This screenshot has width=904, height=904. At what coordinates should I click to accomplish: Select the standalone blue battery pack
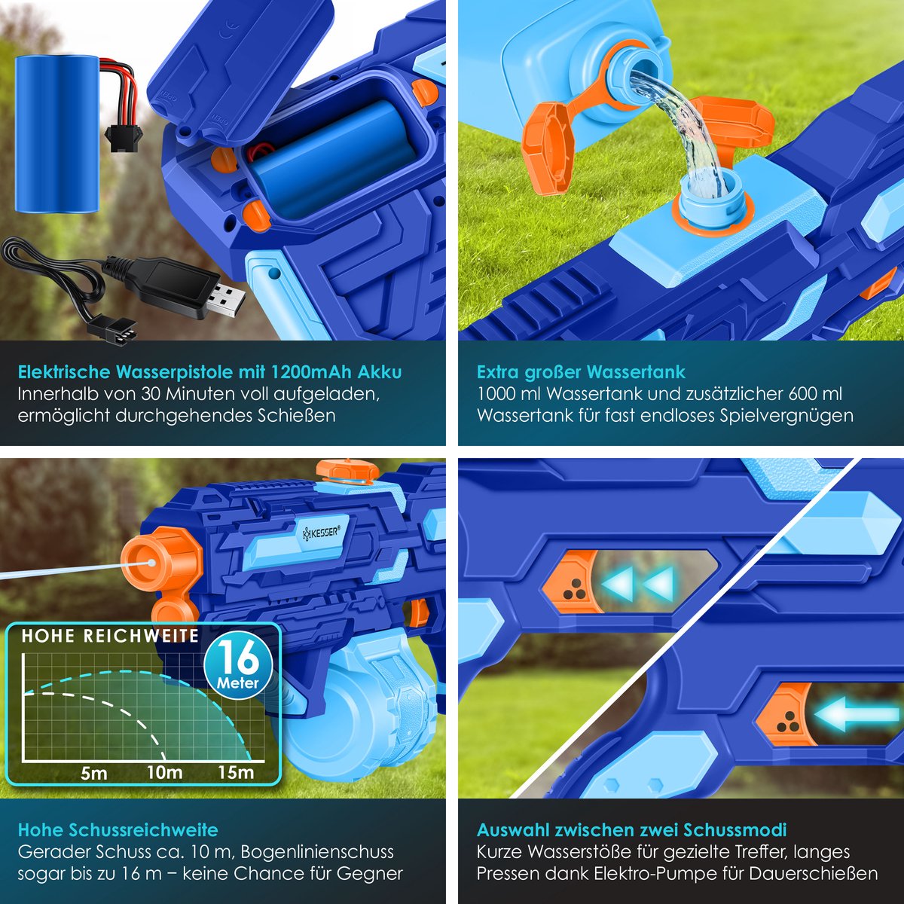(57, 133)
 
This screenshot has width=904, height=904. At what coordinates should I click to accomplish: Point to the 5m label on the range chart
(93, 773)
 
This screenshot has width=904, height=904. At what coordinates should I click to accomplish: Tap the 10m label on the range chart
(165, 771)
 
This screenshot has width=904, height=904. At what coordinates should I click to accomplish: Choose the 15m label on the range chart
(236, 771)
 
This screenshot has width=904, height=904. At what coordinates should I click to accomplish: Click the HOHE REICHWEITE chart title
(110, 636)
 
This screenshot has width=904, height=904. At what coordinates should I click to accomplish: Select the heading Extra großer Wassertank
(581, 372)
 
